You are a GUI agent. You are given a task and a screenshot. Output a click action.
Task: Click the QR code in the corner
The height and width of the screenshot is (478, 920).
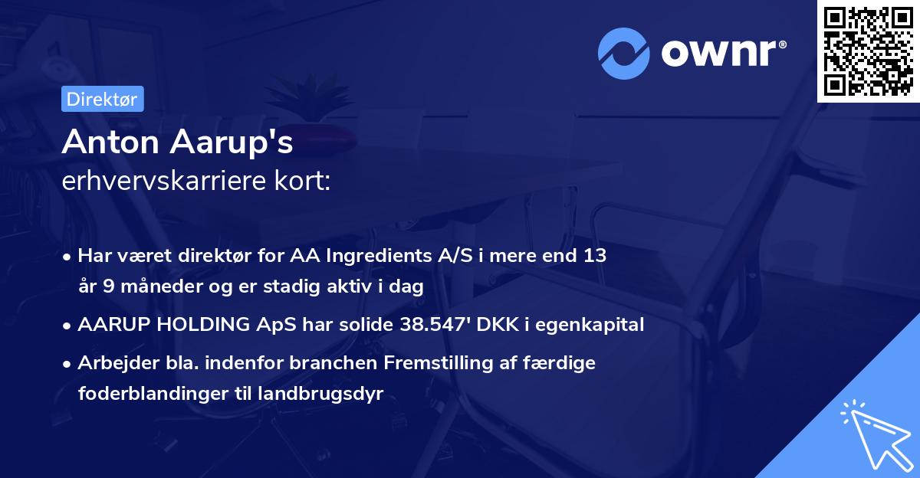point(868,51)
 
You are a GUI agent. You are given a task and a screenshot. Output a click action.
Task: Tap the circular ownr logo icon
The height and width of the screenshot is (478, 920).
point(625,53)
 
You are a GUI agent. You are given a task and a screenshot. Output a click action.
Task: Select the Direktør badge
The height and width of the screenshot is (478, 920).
point(102,99)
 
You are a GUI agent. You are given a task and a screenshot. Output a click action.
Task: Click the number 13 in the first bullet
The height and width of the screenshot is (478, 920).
point(594,255)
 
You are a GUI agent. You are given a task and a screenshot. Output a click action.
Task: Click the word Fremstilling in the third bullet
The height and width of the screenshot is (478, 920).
point(455,363)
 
